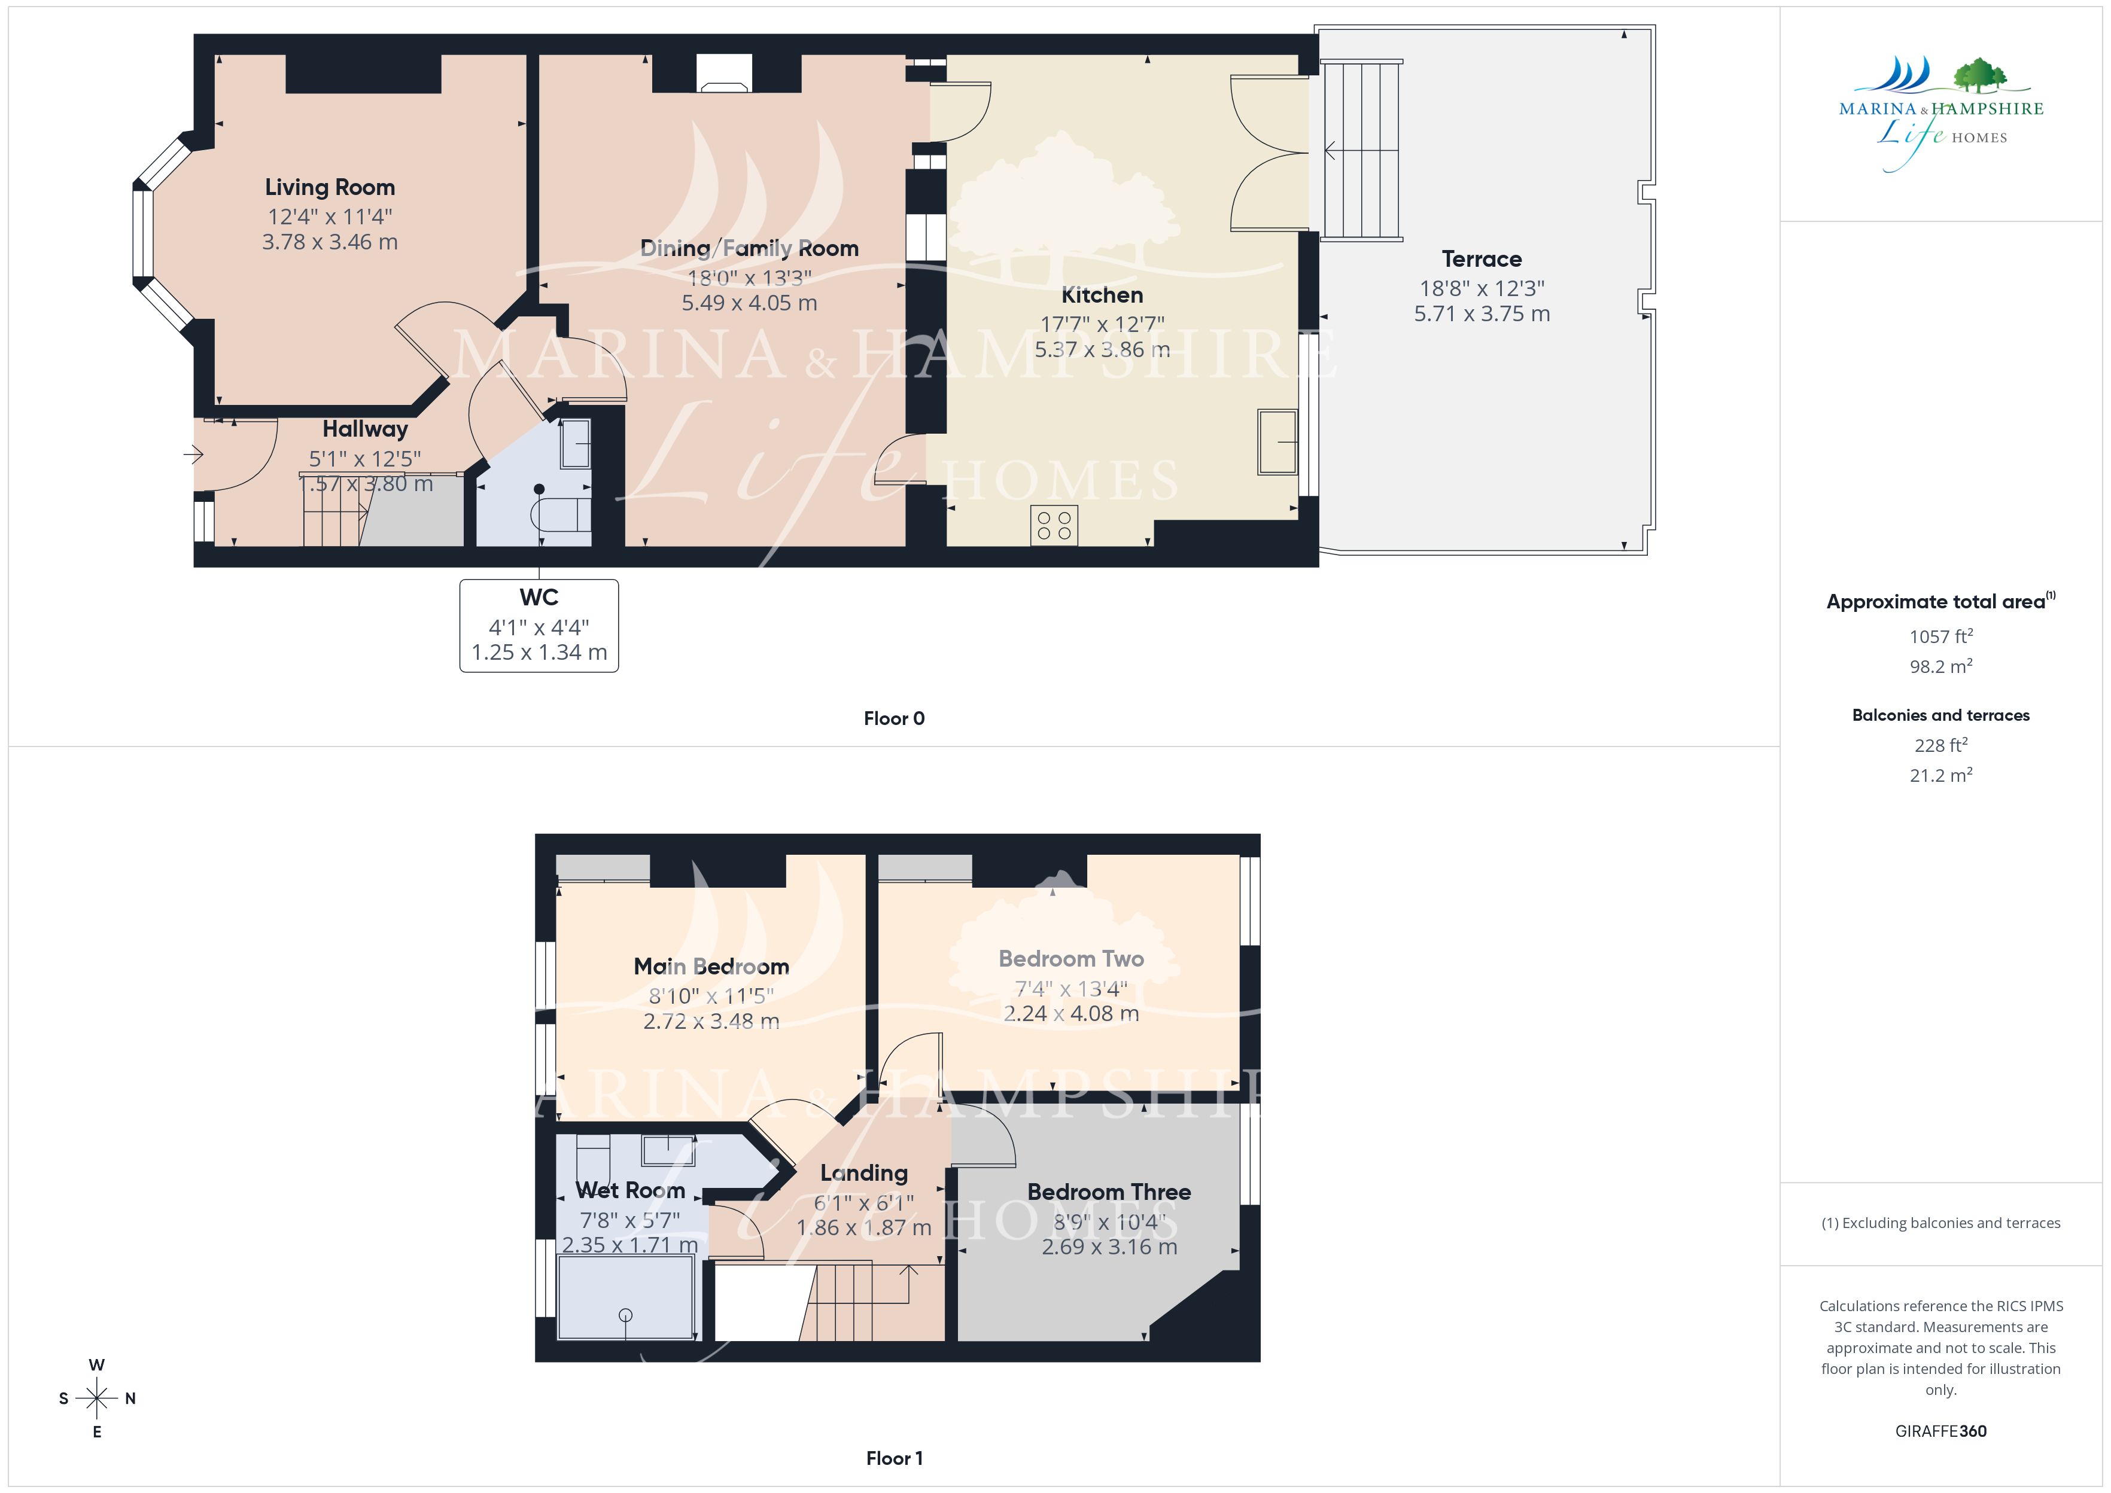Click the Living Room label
[330, 188]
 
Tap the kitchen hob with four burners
[1054, 525]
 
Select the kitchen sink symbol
[1277, 442]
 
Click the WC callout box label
[539, 598]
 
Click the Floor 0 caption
[894, 719]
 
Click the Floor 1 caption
[894, 1458]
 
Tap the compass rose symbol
[96, 1398]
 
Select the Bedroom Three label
[1109, 1192]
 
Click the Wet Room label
[630, 1190]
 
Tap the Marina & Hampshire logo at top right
[1941, 114]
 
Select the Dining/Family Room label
[749, 248]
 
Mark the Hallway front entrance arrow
[193, 454]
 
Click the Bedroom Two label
[1071, 959]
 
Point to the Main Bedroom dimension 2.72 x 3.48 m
[711, 1022]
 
